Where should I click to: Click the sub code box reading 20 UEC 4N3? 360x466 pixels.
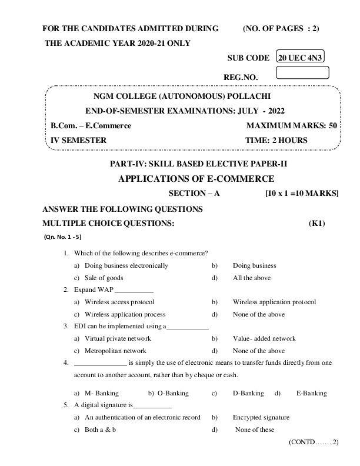(302, 58)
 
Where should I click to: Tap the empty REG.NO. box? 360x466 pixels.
(302, 73)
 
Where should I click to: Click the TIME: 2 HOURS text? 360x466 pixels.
(276, 141)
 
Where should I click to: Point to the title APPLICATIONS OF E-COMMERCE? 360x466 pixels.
(196, 179)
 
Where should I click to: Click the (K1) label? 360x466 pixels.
(316, 224)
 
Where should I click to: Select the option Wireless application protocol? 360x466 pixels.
(274, 302)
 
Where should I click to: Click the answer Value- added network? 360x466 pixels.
(264, 339)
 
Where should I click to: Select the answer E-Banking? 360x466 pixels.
(311, 393)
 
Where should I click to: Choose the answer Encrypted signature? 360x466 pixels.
(261, 418)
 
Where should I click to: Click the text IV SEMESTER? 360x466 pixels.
(79, 141)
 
